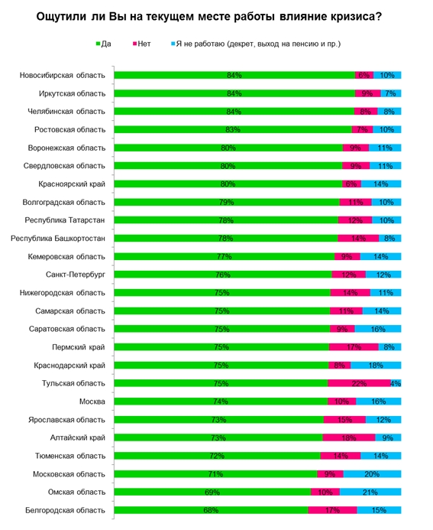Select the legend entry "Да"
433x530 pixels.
(x=104, y=44)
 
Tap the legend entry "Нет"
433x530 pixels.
(x=142, y=44)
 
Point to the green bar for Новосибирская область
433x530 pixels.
(x=234, y=75)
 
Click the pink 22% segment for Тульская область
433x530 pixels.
(x=359, y=383)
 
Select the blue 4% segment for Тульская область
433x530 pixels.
(x=396, y=383)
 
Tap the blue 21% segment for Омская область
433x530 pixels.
(x=370, y=493)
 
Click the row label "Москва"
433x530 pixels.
(x=92, y=402)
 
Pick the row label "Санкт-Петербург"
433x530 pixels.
(x=76, y=275)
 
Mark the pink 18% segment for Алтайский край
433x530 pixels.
(x=349, y=437)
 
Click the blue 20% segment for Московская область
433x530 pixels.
(x=372, y=474)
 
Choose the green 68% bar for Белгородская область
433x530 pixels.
(x=211, y=510)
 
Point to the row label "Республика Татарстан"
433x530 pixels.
(x=65, y=220)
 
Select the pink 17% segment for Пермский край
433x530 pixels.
(x=354, y=347)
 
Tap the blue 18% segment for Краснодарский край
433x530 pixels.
(x=376, y=365)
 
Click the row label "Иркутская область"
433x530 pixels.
(x=73, y=93)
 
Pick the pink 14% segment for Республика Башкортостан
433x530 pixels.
(x=358, y=239)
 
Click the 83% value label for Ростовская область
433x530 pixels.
(x=233, y=129)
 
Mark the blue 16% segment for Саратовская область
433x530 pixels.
(x=378, y=329)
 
